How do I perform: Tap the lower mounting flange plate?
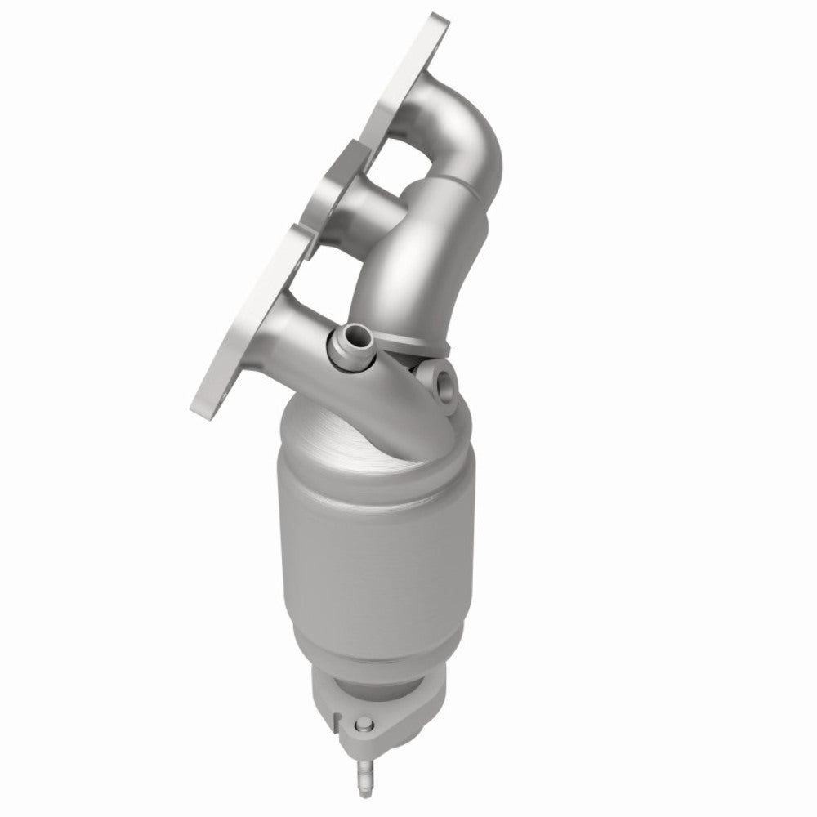[245, 327]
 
